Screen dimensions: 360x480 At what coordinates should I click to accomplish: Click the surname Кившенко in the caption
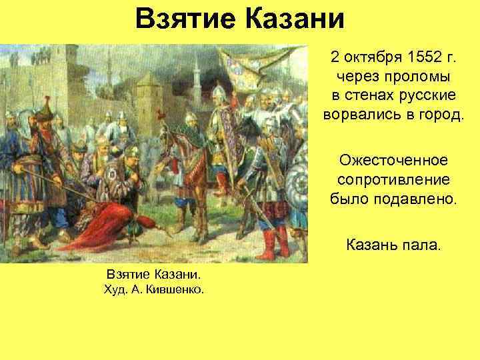tap(177, 290)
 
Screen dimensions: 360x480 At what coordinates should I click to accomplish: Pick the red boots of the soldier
tap(267, 243)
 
